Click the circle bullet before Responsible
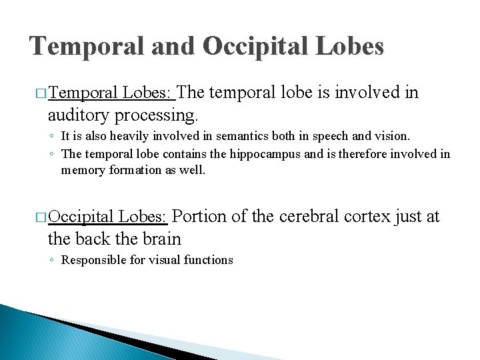pyautogui.click(x=51, y=260)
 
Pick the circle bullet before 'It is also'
pyautogui.click(x=51, y=136)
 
